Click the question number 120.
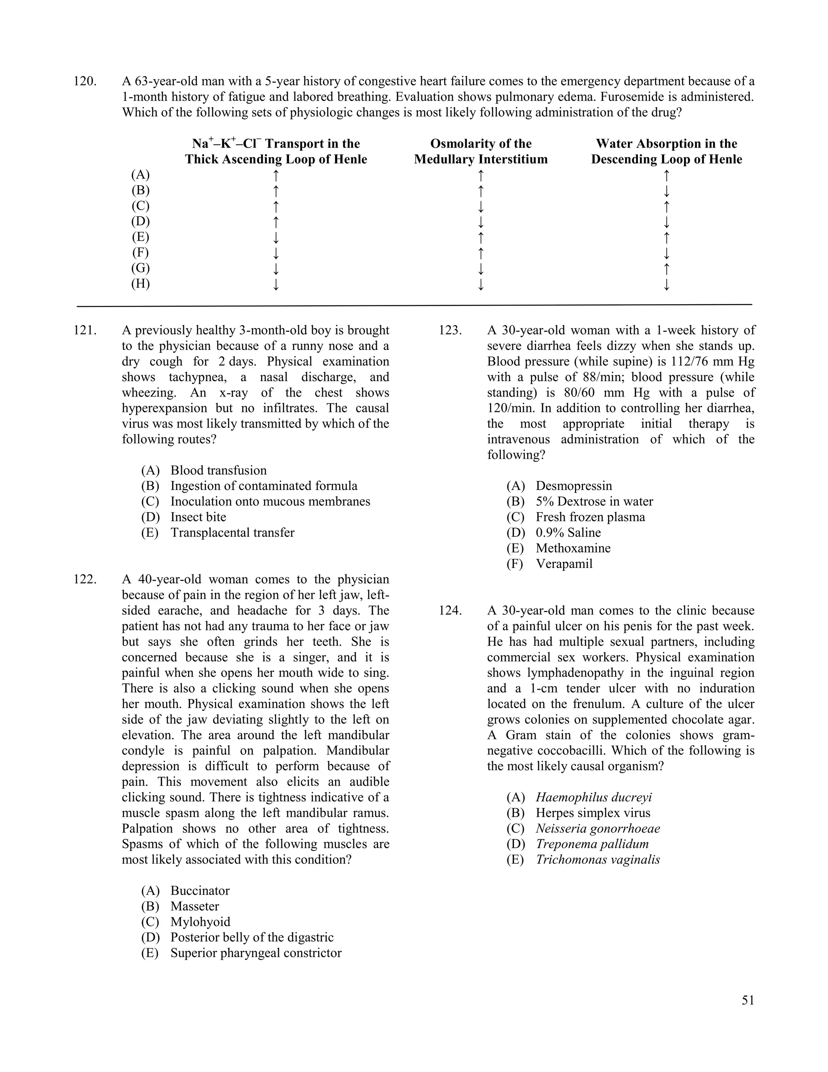click(x=85, y=81)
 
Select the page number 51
click(x=748, y=1000)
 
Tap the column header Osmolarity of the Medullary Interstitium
click(x=480, y=151)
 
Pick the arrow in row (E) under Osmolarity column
click(x=481, y=237)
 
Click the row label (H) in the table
click(x=140, y=284)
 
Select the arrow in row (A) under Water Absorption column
click(x=666, y=175)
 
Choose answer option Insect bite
click(x=198, y=517)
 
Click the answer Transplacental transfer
click(x=232, y=533)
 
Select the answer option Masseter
click(x=195, y=906)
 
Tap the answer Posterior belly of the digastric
click(x=251, y=937)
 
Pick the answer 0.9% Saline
click(x=568, y=533)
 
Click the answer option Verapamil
click(x=564, y=564)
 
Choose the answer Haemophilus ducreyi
click(x=594, y=797)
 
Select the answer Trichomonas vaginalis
click(x=598, y=860)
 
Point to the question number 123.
click(x=450, y=330)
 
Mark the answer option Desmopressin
click(x=573, y=486)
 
